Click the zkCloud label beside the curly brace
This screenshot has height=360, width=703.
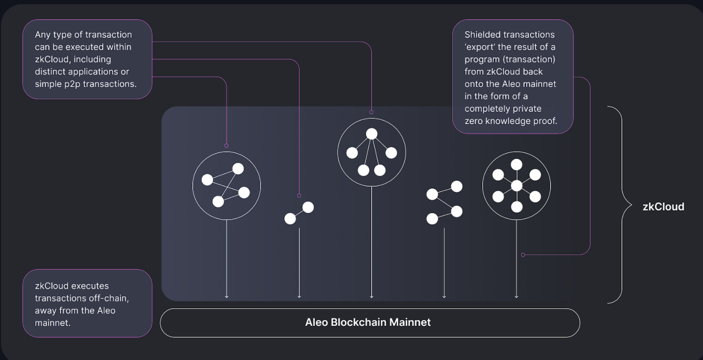663,207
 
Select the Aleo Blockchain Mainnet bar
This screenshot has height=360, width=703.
370,323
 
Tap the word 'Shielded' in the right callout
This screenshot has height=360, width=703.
484,35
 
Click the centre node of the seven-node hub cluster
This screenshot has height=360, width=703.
516,186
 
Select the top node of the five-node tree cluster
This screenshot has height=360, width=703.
372,134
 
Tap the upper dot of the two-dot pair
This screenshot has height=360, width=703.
308,207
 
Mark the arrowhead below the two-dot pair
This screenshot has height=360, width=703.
299,296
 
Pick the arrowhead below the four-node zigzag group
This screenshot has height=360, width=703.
444,296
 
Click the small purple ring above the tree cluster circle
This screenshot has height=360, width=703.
372,112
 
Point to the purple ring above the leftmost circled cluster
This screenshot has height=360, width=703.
226,146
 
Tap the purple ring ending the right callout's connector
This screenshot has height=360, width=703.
523,254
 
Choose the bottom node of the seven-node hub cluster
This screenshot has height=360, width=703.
516,207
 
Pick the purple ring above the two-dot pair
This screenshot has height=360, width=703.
299,196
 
